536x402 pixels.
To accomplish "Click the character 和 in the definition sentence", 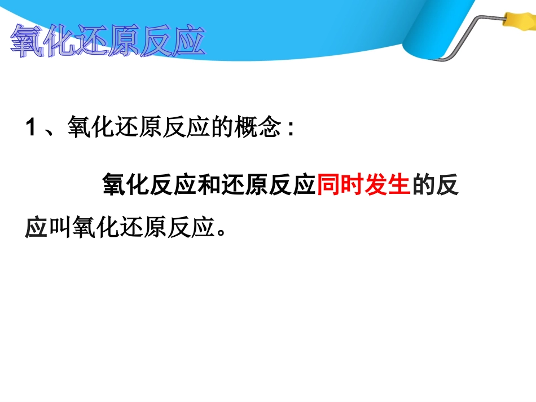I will tap(209, 185).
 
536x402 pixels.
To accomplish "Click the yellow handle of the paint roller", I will tap(514, 22).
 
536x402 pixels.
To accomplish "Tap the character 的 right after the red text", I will tap(423, 185).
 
